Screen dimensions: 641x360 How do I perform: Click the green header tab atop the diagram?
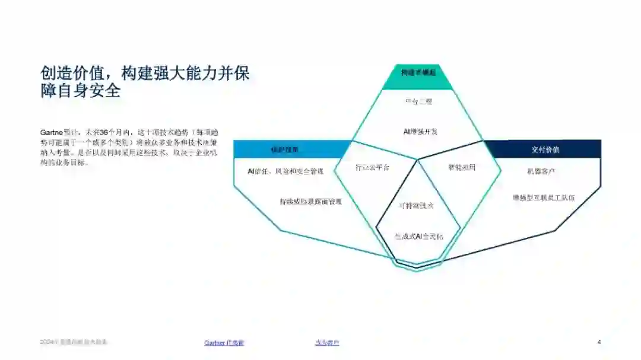418,73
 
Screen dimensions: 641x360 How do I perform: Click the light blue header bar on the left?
285,149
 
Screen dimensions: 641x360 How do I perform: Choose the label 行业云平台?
373,168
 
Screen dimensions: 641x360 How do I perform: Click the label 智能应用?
461,168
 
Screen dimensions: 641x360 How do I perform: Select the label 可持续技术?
417,205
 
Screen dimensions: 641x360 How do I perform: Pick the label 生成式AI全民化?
419,237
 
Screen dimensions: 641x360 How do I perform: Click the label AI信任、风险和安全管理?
285,171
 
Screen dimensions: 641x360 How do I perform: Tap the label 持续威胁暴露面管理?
310,202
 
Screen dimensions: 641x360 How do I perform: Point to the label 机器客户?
541,171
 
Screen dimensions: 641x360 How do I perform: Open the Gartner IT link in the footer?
224,343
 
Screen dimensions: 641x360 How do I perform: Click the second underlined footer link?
327,343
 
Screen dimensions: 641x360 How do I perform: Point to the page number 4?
599,342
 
